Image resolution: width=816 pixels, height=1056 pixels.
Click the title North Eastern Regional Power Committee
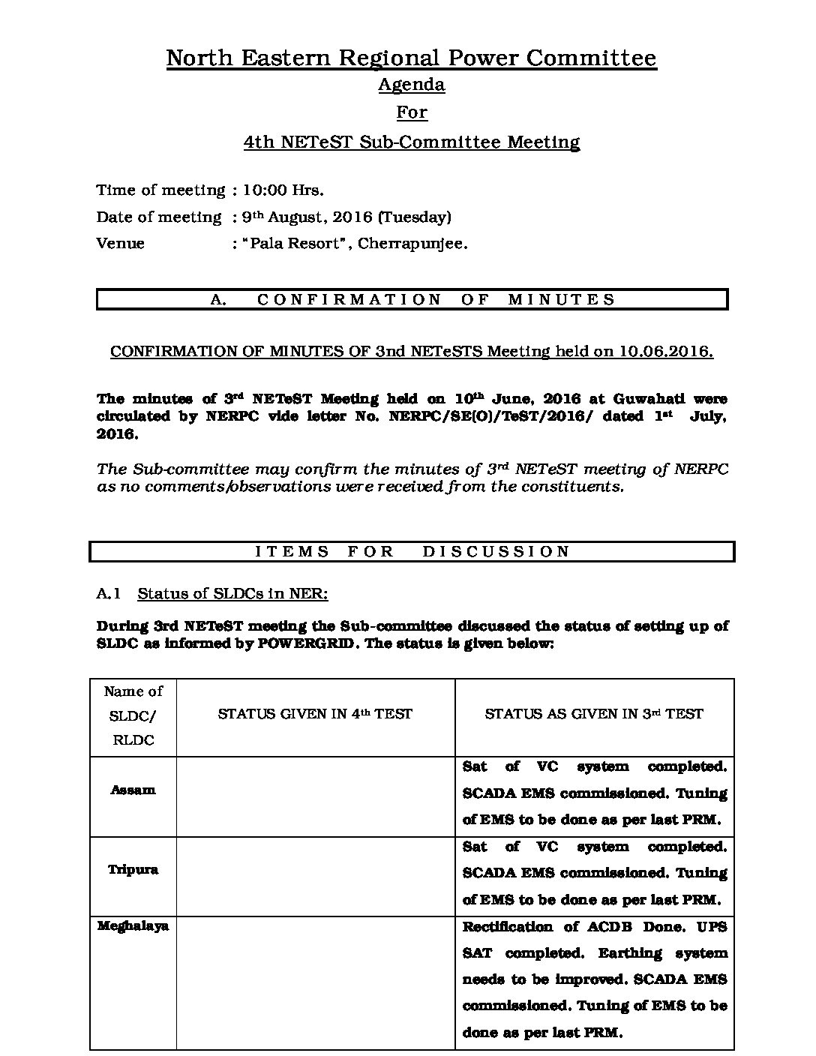(411, 58)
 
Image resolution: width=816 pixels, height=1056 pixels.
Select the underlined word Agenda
(411, 85)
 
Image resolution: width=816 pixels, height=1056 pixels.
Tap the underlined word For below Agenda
(411, 112)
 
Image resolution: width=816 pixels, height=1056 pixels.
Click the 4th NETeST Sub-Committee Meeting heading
(411, 142)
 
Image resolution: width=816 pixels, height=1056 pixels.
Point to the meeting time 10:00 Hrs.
(283, 190)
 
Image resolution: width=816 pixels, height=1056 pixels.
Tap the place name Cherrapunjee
(412, 244)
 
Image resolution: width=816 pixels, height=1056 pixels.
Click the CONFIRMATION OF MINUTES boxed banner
(412, 299)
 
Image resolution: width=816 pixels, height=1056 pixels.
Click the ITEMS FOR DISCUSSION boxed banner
(412, 552)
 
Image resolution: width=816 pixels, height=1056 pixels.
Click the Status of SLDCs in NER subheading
(232, 594)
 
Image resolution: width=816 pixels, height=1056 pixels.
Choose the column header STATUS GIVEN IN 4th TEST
(315, 715)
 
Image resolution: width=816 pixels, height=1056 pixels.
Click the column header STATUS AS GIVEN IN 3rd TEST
(594, 715)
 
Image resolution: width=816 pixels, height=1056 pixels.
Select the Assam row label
(133, 790)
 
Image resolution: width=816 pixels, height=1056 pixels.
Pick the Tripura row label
(133, 870)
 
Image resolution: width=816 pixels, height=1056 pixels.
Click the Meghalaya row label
(133, 926)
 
